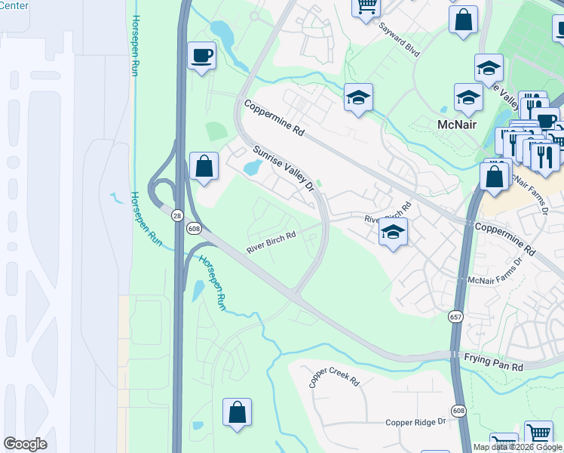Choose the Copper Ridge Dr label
416,424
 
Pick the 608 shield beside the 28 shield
195,226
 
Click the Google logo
26,443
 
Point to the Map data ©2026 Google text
517,447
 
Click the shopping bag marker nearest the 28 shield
204,166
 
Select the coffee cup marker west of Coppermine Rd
201,57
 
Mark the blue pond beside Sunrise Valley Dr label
251,167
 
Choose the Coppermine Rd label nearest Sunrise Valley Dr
273,119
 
